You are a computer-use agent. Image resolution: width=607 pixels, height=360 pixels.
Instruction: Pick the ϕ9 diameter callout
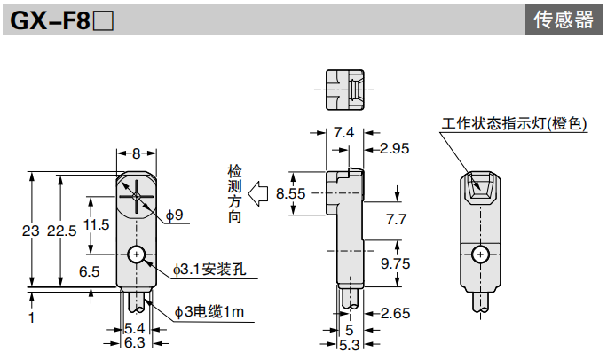coord(174,215)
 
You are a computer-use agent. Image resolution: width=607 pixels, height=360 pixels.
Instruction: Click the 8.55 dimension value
coord(290,192)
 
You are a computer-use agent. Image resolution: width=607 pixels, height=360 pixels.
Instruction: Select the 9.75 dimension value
coord(396,263)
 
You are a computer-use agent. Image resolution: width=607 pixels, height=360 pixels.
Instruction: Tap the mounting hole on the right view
coord(481,255)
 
